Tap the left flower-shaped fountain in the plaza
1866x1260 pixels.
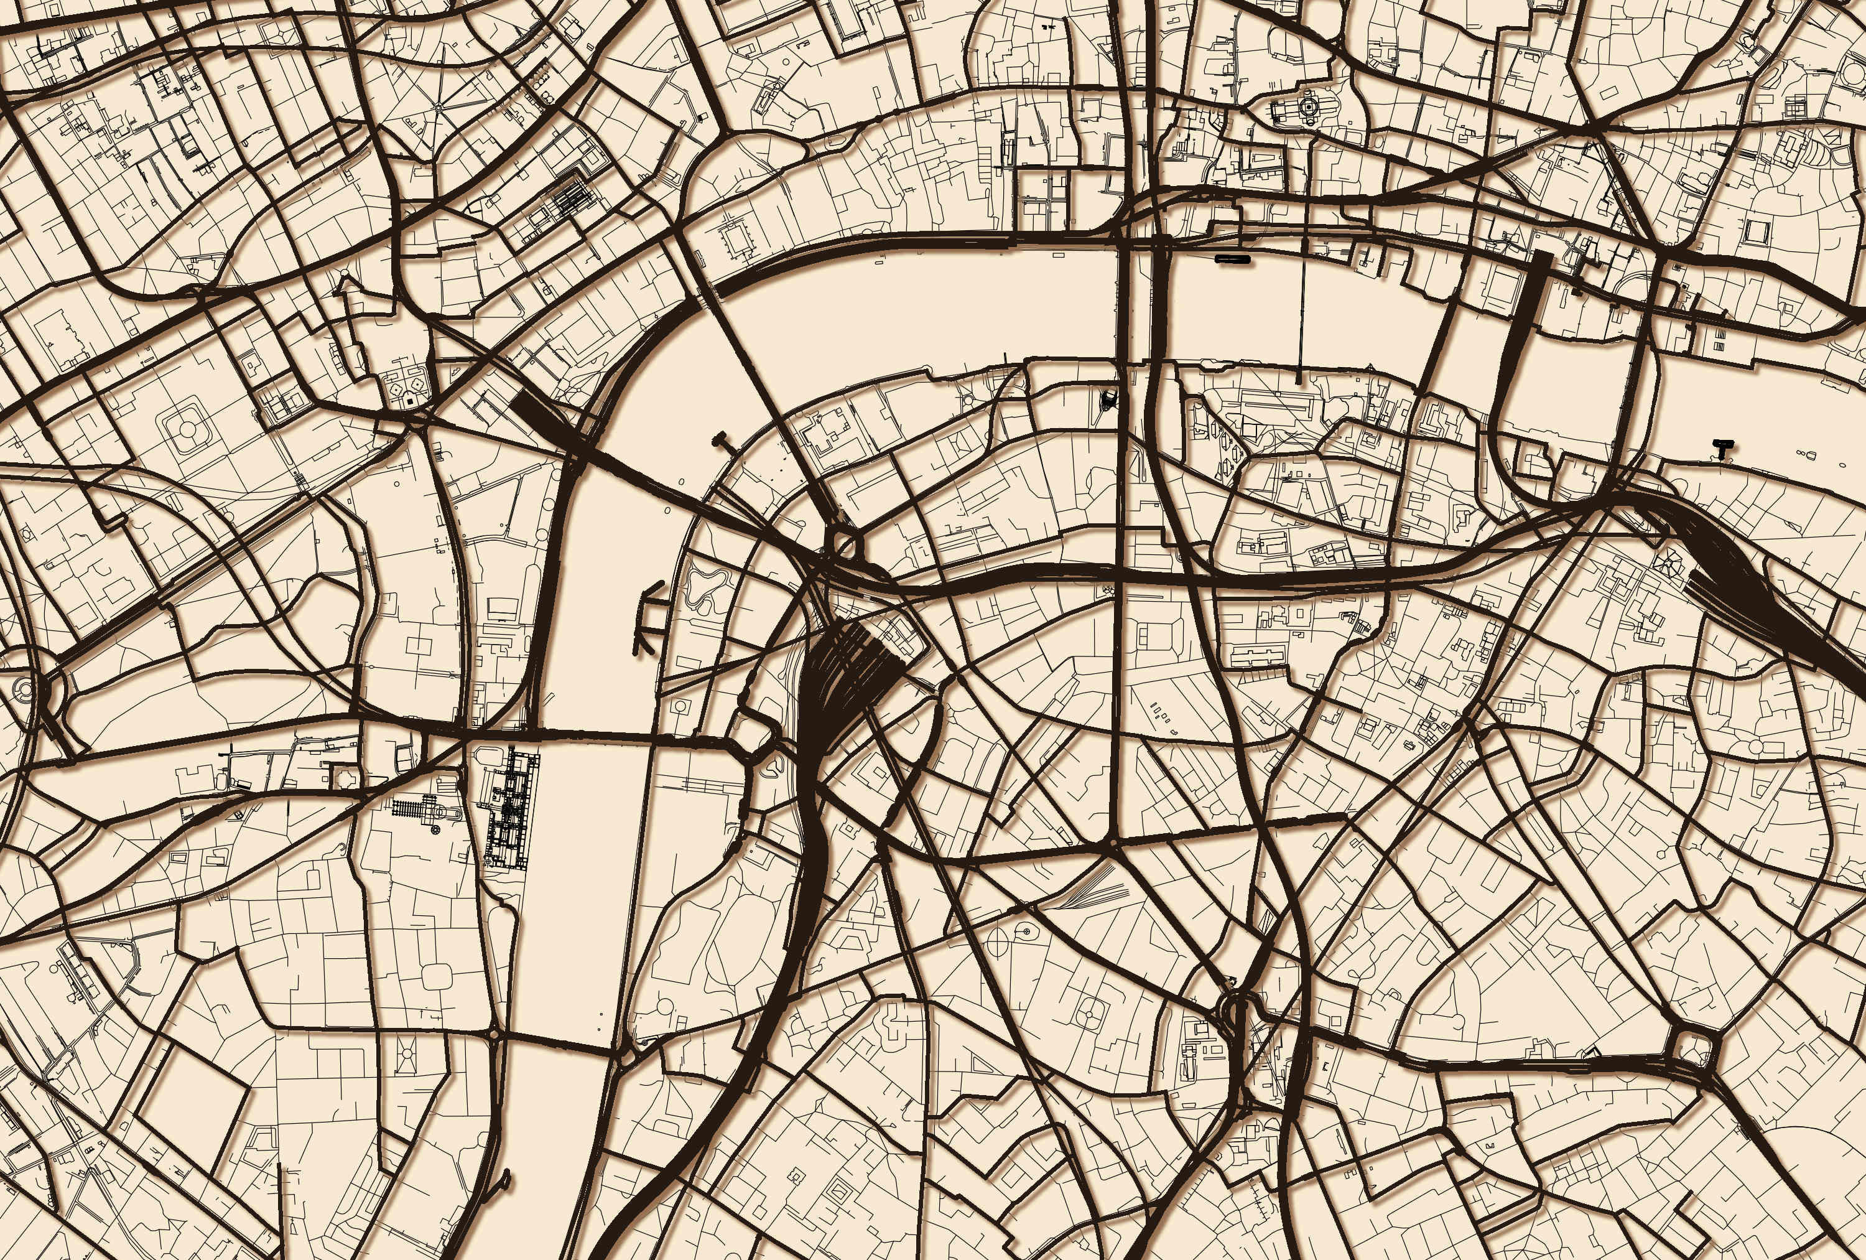coord(397,389)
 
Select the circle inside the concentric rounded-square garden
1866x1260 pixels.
coord(187,428)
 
